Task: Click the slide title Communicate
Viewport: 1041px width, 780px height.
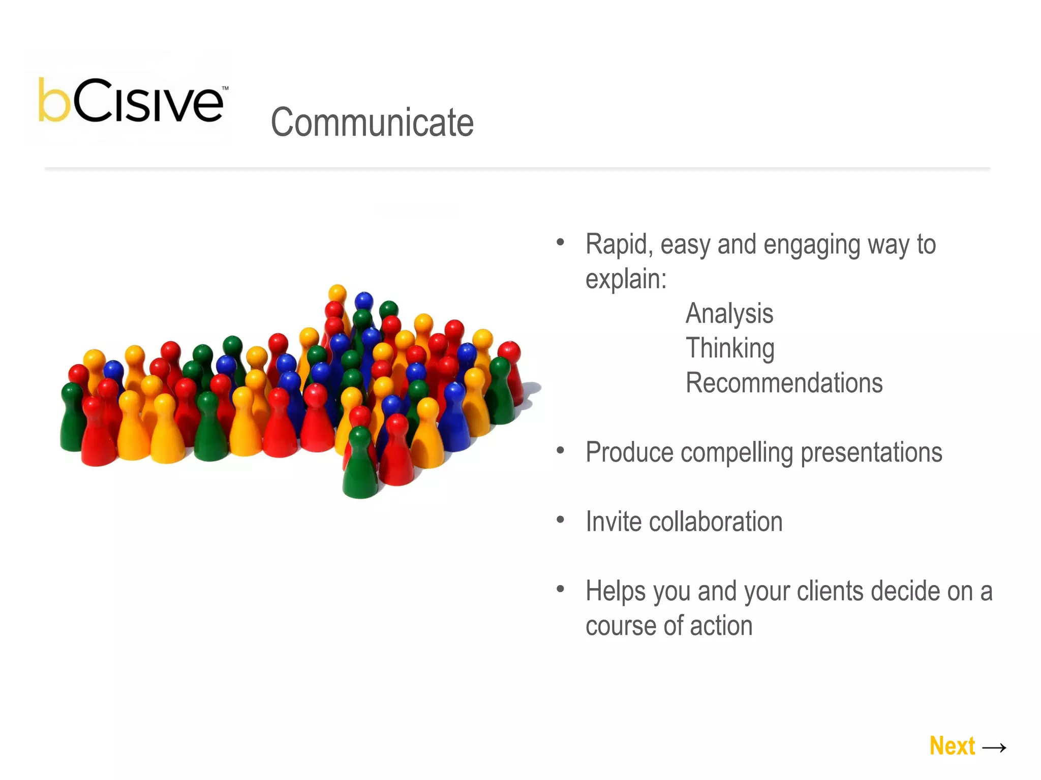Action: tap(372, 122)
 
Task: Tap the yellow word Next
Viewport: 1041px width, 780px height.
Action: tap(952, 746)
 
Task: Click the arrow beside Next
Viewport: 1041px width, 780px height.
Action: tap(994, 747)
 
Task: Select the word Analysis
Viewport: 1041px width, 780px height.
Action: tap(729, 314)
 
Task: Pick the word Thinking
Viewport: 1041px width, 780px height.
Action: tap(730, 348)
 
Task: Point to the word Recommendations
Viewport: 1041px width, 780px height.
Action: tap(784, 383)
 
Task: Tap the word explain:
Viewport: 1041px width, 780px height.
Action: tap(626, 279)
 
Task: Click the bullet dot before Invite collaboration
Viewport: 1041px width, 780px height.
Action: tap(560, 519)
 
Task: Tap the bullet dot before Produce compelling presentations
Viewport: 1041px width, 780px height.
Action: tap(560, 450)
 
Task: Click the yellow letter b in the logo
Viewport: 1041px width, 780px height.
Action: tap(54, 101)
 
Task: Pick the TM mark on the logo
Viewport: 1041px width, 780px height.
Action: tap(225, 88)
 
